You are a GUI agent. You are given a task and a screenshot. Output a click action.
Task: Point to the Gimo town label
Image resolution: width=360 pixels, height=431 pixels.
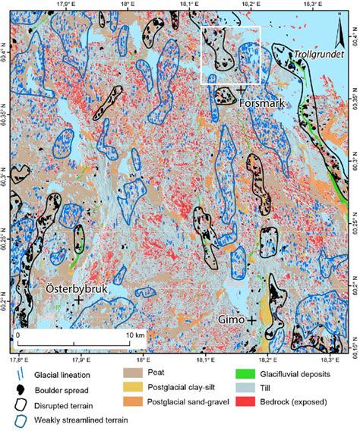[232, 320]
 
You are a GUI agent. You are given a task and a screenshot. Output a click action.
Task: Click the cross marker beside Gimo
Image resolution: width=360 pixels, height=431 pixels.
[251, 320]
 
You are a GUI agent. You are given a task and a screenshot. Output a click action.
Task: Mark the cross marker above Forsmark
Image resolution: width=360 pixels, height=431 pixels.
[241, 90]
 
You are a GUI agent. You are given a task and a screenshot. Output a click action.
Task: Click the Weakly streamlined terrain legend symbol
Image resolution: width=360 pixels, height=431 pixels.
[18, 419]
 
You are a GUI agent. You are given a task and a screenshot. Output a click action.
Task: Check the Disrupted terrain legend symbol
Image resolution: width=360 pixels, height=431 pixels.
[18, 403]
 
